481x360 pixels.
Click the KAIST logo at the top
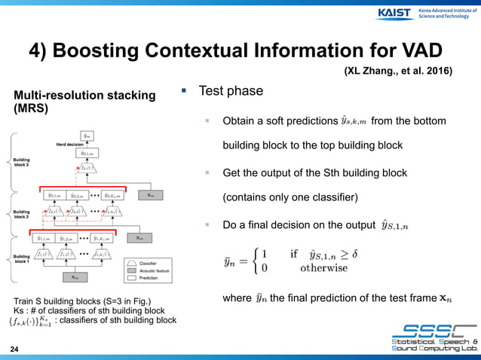(394, 13)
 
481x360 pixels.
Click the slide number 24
(14, 349)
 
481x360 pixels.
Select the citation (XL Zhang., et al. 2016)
(398, 72)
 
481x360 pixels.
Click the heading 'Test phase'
(230, 91)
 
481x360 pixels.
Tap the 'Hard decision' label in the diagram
(70, 143)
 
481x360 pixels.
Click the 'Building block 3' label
(21, 163)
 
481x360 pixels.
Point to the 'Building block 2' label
(21, 215)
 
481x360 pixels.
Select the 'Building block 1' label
(21, 259)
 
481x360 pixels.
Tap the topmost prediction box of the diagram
(88, 136)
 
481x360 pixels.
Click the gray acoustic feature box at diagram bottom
(74, 277)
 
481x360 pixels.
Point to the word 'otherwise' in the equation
(324, 267)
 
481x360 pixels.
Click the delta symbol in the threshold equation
(354, 253)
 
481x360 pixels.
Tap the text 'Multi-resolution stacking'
(84, 95)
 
